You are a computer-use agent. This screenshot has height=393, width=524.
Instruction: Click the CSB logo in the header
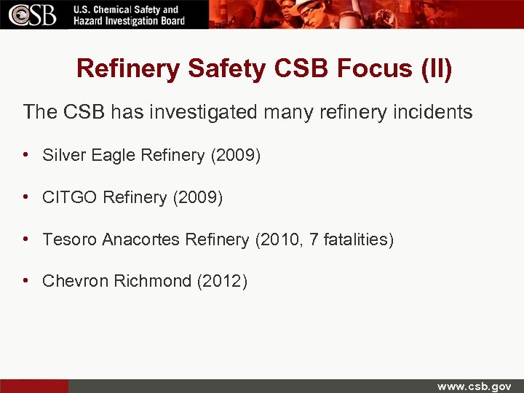tap(33, 15)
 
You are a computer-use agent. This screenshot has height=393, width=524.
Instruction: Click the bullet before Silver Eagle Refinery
tap(26, 155)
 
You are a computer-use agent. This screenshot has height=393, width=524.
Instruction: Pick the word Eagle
tap(114, 155)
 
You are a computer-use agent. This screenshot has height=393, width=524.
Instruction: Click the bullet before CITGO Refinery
tap(26, 197)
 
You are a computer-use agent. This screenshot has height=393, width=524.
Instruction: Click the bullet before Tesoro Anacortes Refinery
tap(26, 239)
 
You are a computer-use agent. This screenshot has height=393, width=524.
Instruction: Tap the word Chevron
tap(76, 282)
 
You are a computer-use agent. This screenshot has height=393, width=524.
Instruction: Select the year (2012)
tap(222, 282)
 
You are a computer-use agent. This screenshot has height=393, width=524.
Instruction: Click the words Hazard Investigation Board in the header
tap(130, 21)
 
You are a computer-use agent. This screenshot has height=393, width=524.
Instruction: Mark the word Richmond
tap(153, 282)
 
